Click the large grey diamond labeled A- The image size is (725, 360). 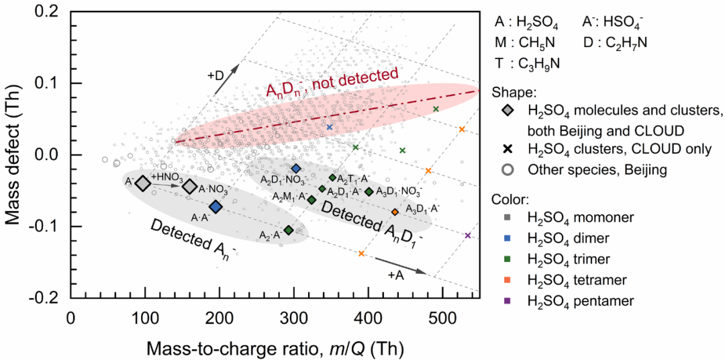click(142, 183)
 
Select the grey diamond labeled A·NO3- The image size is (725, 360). click(190, 187)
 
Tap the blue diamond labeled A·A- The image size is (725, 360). click(215, 206)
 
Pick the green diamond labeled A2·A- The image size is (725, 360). click(289, 230)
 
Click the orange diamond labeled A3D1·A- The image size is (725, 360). click(395, 212)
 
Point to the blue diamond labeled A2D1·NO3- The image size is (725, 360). click(296, 168)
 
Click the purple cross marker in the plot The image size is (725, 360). click(468, 236)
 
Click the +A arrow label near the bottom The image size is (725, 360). click(396, 275)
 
